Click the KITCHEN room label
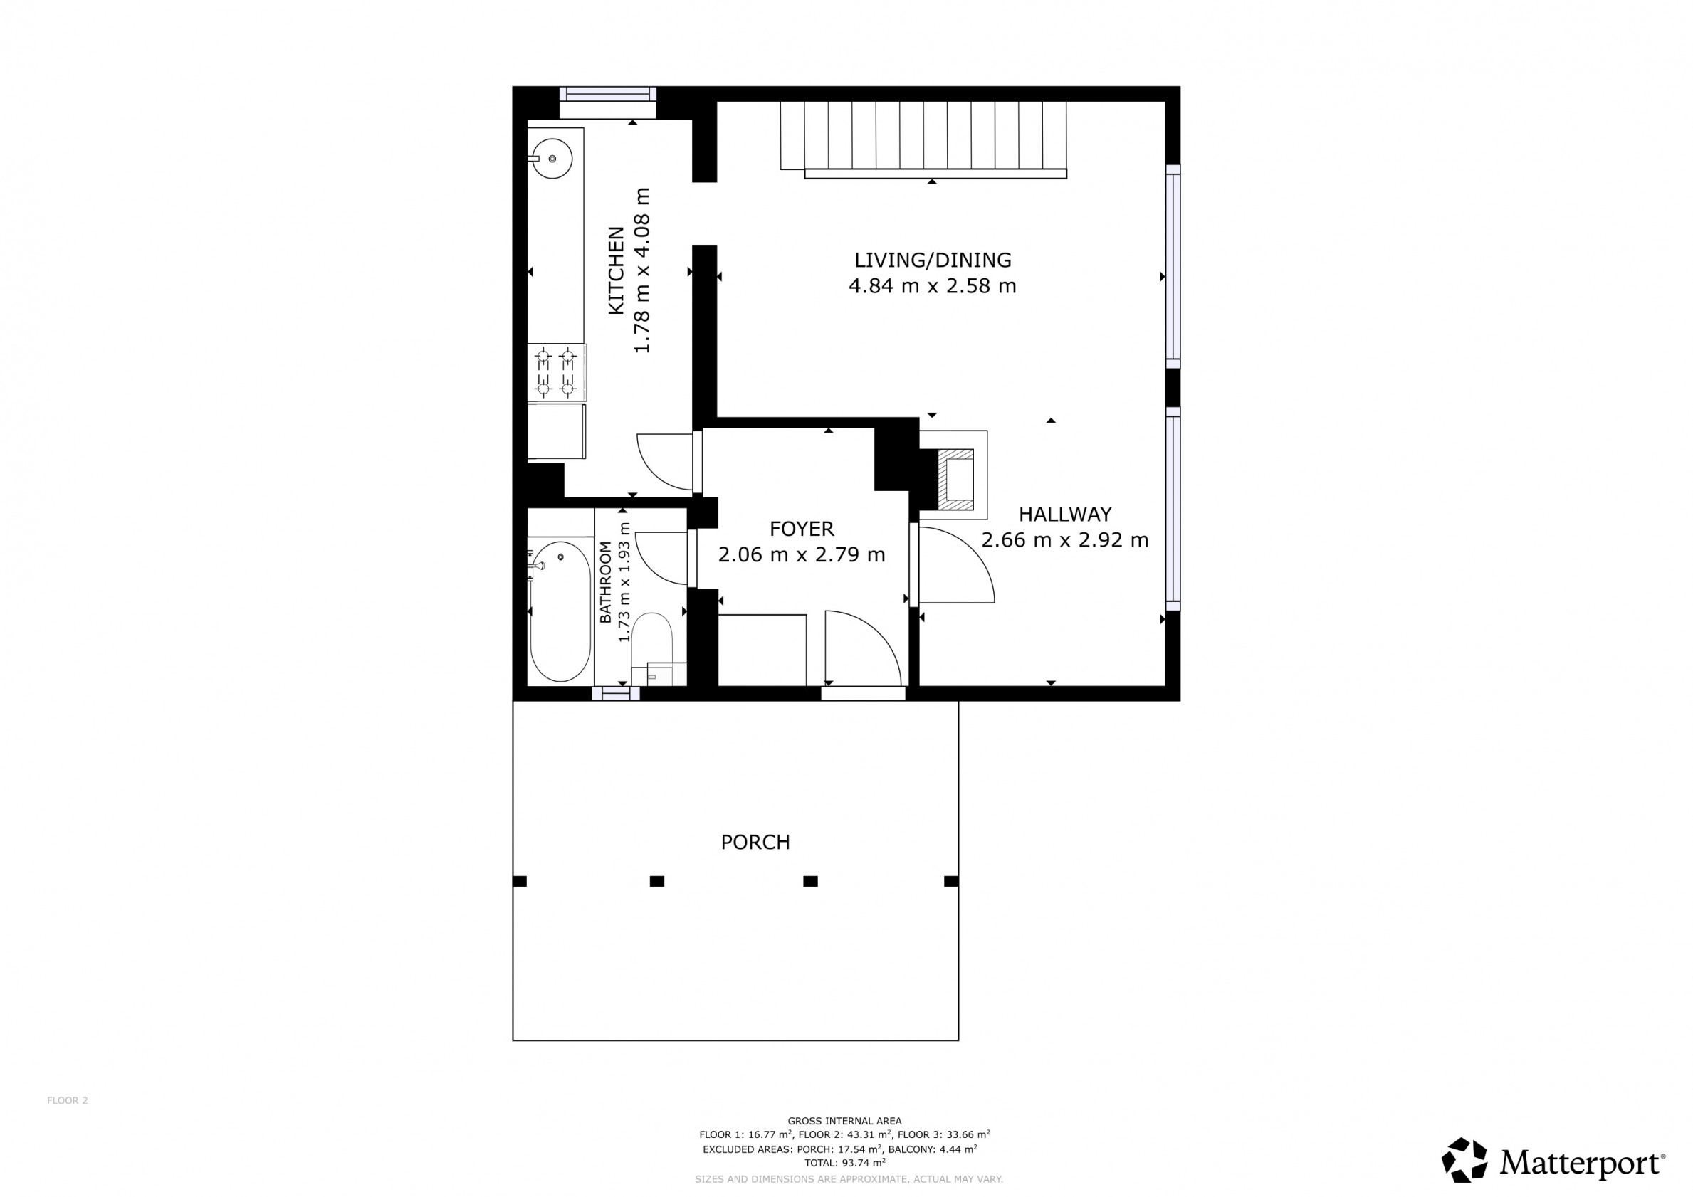617,270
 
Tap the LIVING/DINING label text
933,260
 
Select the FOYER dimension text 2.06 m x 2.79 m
802,554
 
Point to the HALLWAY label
1065,514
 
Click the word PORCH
755,842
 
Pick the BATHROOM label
605,582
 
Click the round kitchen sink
552,159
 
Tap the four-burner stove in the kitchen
557,372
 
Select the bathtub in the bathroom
560,611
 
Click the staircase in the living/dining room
924,139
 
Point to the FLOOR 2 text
67,1100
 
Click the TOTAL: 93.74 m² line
844,1163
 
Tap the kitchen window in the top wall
607,95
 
